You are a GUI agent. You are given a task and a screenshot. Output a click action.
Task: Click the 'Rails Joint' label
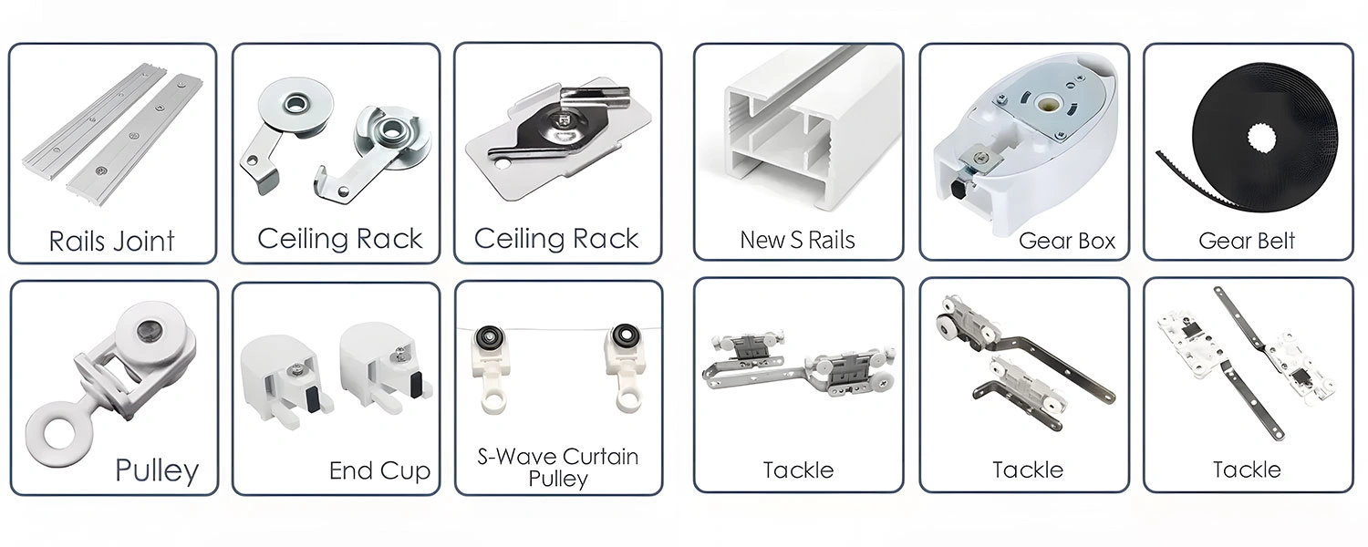[111, 242]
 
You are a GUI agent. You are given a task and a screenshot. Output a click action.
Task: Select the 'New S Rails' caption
[797, 241]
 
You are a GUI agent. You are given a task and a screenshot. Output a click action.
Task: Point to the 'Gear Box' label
[1066, 242]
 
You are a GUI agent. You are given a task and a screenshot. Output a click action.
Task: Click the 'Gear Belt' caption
[1246, 242]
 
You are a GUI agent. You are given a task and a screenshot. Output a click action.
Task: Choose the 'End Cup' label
[379, 471]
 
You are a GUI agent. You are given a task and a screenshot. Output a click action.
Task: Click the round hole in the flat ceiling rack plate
[500, 166]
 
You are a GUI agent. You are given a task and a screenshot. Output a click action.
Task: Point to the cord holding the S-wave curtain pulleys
[556, 331]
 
